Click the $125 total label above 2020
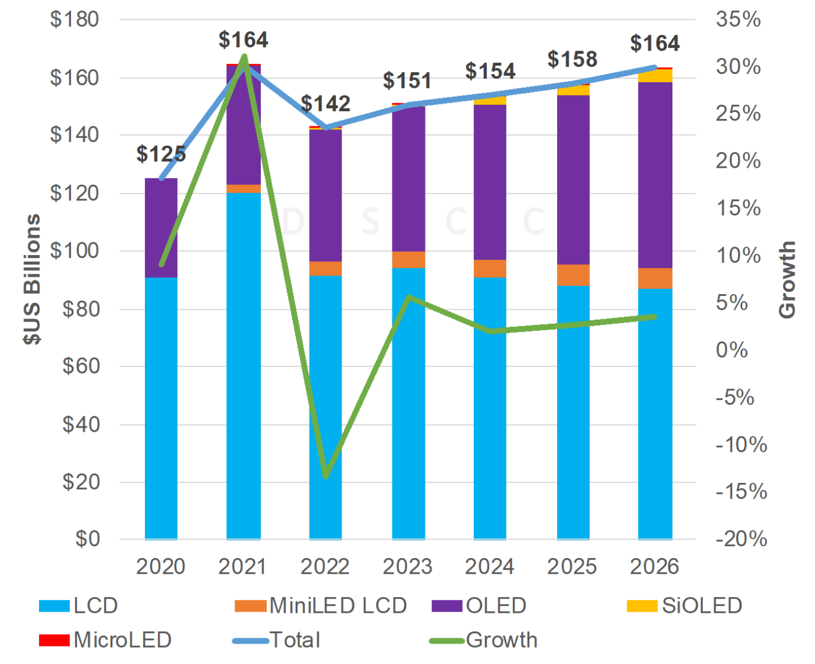coord(161,154)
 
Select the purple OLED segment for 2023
coord(408,178)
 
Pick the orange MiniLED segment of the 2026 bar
coord(655,278)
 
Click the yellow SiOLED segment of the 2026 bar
coord(655,76)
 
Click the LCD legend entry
coord(79,606)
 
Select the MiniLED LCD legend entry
coord(321,606)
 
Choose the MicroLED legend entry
coord(105,640)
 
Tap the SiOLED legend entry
coord(685,606)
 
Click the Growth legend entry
coord(484,640)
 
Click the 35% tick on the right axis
coord(738,19)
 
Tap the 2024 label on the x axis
coord(489,567)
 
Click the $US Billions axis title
coord(33,280)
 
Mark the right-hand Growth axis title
coord(787,280)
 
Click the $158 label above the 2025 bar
coord(572,59)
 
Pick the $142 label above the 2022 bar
coord(325,104)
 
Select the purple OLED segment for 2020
coord(161,228)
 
